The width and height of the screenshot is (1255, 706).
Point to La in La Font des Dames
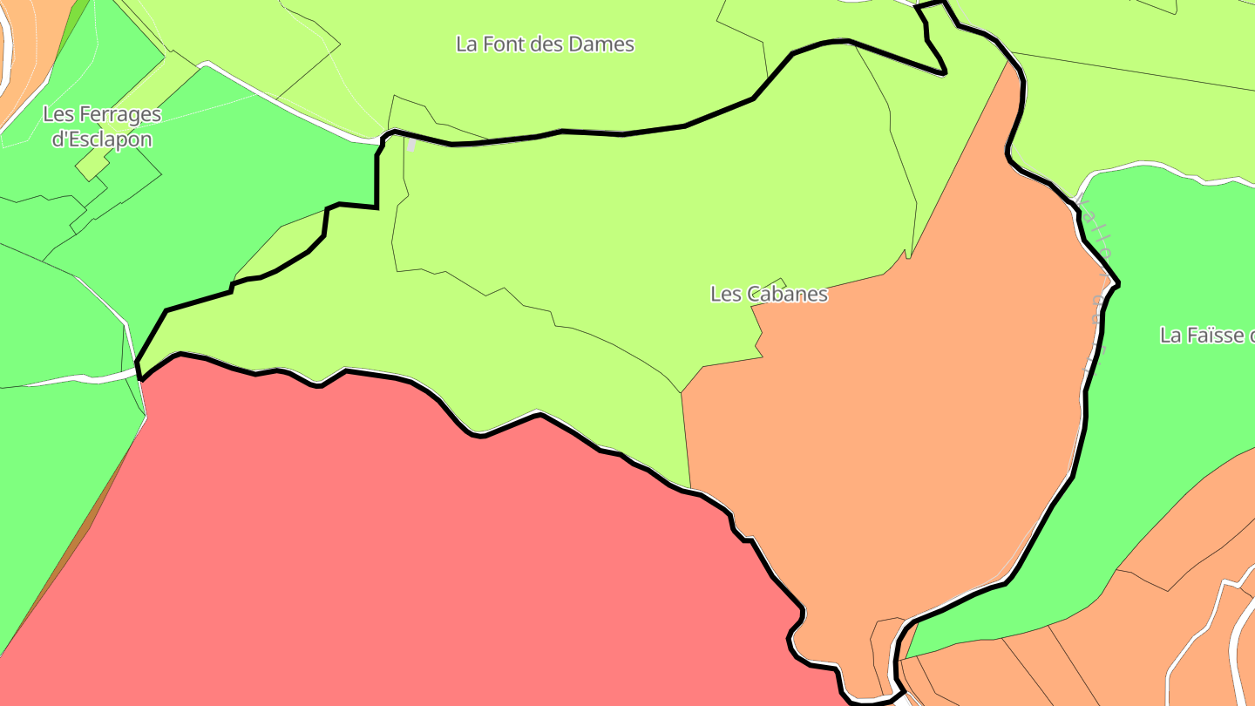click(x=466, y=44)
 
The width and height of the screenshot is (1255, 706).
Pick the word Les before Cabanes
click(x=725, y=295)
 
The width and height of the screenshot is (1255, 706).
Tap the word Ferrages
click(x=120, y=114)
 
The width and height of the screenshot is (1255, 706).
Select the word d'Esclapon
click(x=102, y=139)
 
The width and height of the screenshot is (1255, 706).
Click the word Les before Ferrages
click(x=59, y=114)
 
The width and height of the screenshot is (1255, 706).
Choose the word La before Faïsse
click(x=1170, y=336)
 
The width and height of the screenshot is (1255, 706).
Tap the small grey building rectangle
click(x=410, y=145)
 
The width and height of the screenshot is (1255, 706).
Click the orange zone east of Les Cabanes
click(x=915, y=418)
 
